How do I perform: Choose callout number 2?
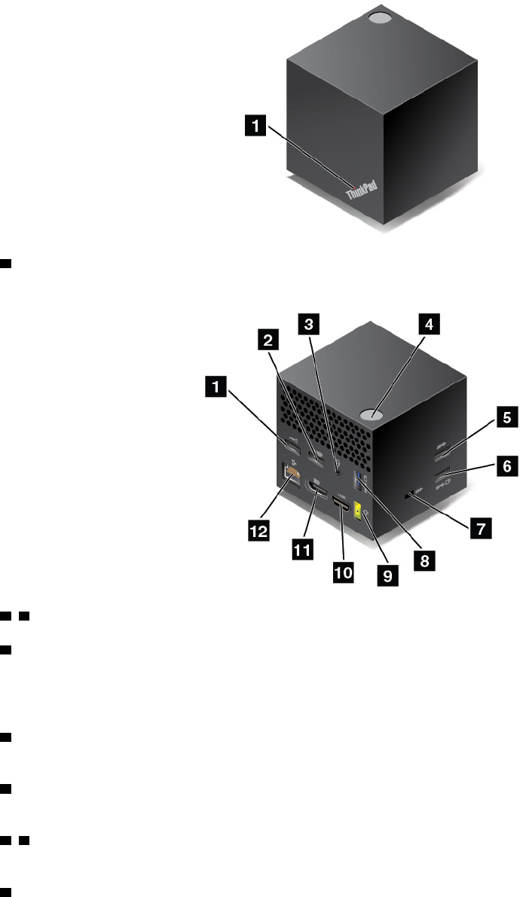pos(265,340)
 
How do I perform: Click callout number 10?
pos(343,572)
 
